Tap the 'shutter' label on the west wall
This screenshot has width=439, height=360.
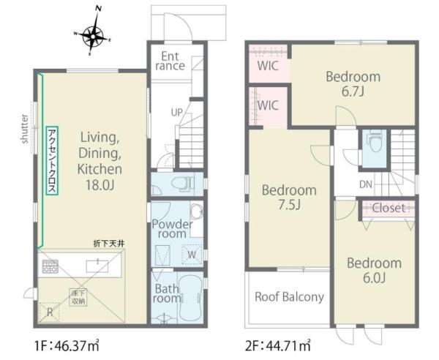pos(25,129)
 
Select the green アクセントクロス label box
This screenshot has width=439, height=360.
pos(52,161)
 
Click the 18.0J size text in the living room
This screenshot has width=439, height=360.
pos(100,185)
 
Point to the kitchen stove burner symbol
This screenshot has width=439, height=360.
pos(50,266)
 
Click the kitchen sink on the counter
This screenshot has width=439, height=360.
pos(97,266)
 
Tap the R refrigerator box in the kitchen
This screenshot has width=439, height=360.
pos(50,312)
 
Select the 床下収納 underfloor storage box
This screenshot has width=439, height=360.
pos(78,297)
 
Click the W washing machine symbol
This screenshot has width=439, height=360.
pos(192,255)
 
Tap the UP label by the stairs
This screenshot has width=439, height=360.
pos(176,113)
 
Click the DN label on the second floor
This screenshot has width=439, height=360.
pos(366,184)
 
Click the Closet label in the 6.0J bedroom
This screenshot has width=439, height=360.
pos(389,208)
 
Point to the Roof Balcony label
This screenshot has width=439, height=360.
pos(289,297)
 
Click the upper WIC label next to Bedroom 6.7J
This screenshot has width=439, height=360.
pos(268,66)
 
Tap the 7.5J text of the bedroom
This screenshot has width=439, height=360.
pos(289,205)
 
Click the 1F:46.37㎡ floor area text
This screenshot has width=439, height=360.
pos(67,345)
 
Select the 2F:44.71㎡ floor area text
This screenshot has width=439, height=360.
pos(278,345)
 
